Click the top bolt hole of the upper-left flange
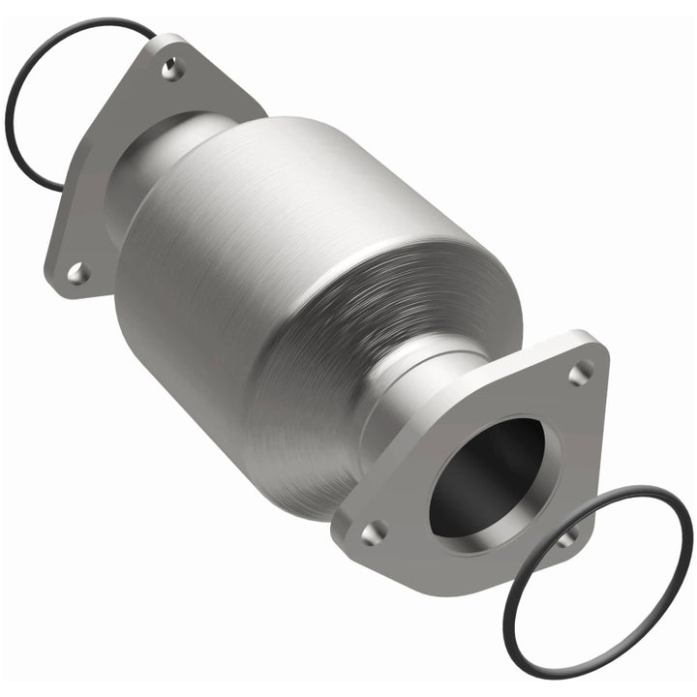172,68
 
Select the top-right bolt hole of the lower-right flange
581,372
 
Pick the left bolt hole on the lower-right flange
373,531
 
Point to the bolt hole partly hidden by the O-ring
569,535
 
